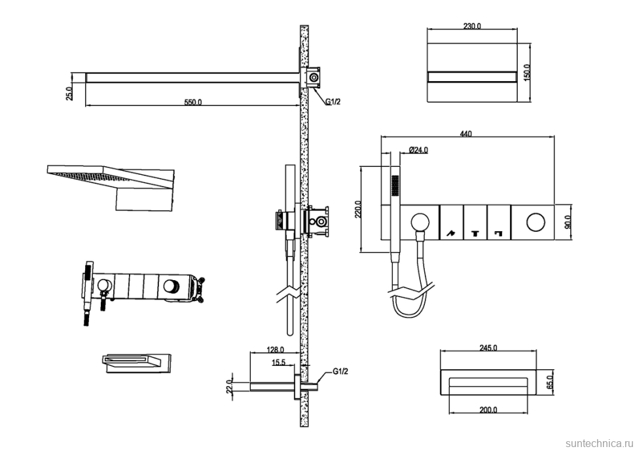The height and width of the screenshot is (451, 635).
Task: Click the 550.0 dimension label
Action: coord(192,102)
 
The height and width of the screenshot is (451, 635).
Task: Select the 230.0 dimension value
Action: coord(471,26)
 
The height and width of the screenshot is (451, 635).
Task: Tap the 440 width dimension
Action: coord(465,134)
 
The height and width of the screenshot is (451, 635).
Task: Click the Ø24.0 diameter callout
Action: coord(418,150)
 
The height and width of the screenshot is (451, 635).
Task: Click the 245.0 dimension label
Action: coord(488,348)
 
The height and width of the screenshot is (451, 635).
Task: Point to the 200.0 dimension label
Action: coord(488,410)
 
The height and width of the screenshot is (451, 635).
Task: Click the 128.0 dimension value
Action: coord(275,350)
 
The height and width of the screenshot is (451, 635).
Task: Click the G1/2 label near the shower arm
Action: coord(333,101)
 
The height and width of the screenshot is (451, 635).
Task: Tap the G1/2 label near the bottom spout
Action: coord(340,372)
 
